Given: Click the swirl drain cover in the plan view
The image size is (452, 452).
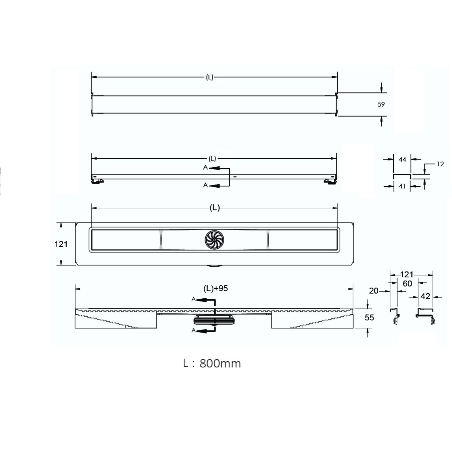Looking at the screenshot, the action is point(214,240).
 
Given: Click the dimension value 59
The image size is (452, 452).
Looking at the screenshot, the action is point(381,104).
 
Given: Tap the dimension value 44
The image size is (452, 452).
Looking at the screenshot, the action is point(402,159).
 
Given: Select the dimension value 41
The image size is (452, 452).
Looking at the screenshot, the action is point(402,186).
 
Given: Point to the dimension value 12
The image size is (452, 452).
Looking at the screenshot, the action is point(440,164).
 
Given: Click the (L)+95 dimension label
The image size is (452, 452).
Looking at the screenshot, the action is point(216,288).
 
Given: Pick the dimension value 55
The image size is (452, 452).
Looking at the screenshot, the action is point(369,318).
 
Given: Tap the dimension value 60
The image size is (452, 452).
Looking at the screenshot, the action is point(407,283).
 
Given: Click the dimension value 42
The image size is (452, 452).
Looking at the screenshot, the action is point(425,296).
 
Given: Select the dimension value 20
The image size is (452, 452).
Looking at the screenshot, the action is point(374,291).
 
